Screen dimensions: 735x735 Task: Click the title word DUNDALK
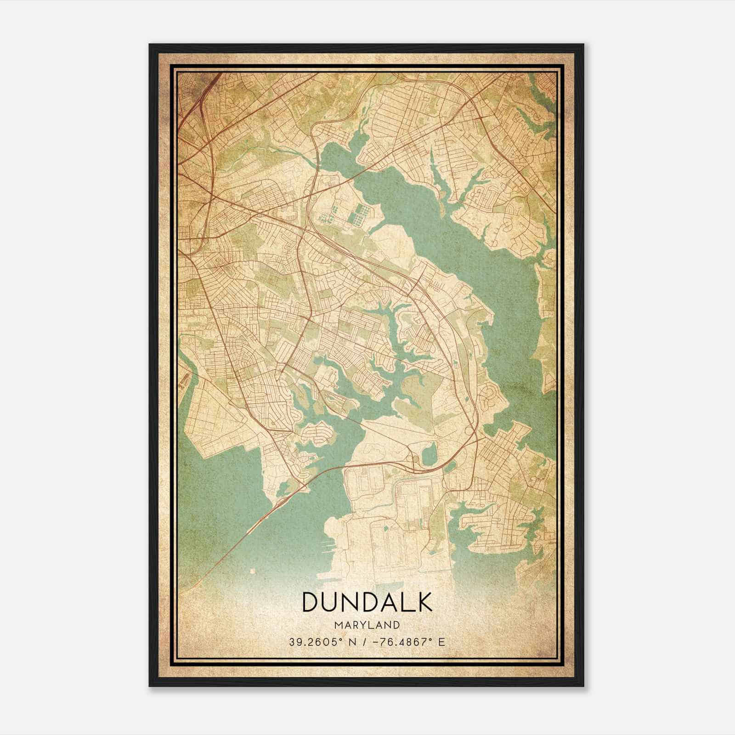[367, 602]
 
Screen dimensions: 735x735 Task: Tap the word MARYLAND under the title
[367, 625]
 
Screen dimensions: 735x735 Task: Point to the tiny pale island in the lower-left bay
[252, 571]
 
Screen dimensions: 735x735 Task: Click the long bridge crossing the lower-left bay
[257, 528]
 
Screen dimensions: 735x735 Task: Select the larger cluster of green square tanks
[360, 214]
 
